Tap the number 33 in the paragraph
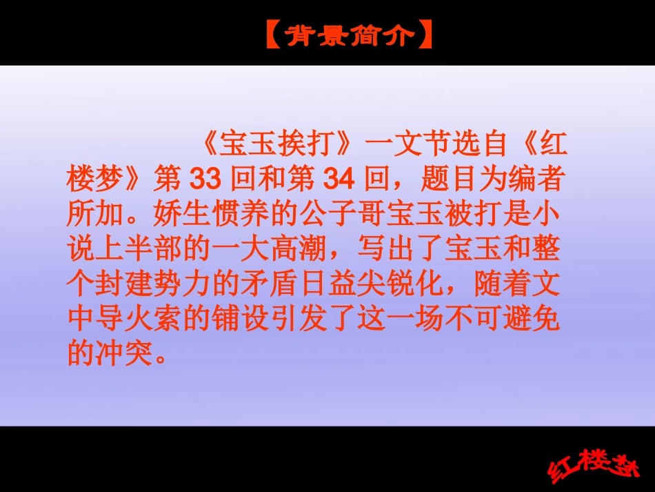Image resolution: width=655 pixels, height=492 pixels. pyautogui.click(x=204, y=180)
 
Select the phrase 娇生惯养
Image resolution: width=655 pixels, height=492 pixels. pyautogui.click(x=203, y=215)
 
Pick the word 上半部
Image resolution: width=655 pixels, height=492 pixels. pyautogui.click(x=134, y=249)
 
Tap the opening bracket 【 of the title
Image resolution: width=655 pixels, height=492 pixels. pyautogui.click(x=273, y=35)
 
